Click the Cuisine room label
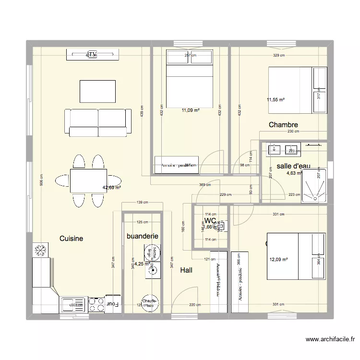(71, 238)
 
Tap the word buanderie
(142, 236)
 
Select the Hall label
(186, 270)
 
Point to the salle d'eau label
(293, 166)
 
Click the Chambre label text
(283, 125)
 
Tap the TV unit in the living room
(92, 55)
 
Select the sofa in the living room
(98, 122)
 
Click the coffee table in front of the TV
(97, 91)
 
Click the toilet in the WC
(220, 224)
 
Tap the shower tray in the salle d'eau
(314, 185)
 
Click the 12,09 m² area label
(278, 260)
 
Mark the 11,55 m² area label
(276, 100)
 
